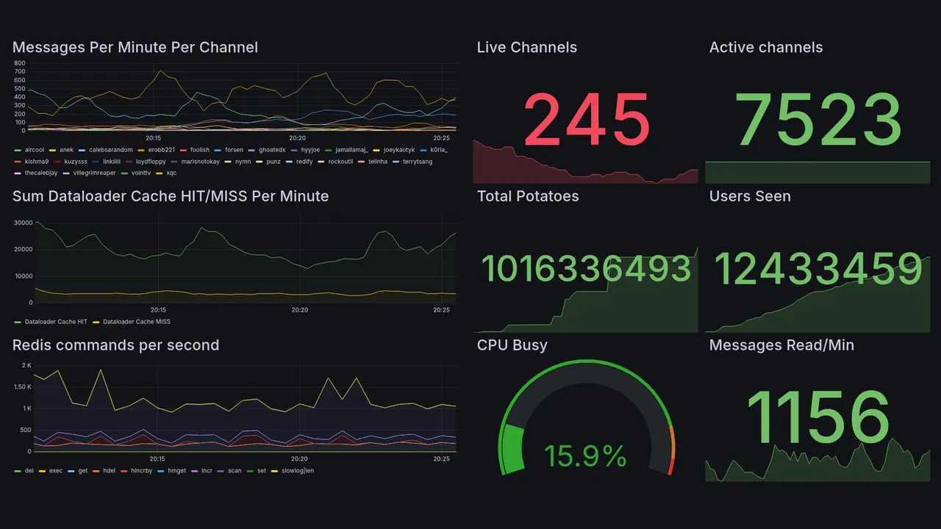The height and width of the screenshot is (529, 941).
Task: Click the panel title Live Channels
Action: (526, 48)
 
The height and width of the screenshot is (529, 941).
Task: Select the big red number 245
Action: (587, 120)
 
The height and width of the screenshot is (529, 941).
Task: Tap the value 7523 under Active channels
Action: (818, 120)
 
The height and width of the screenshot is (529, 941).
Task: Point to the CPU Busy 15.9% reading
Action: (585, 456)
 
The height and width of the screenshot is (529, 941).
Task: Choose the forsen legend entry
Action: (235, 150)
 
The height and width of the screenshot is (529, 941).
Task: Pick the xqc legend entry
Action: (171, 173)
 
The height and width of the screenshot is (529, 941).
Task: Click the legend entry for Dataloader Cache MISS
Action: (137, 322)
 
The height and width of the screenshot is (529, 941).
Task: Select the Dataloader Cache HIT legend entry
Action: (56, 322)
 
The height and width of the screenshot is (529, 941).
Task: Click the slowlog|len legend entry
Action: (296, 470)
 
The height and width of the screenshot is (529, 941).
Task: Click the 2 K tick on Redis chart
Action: (26, 365)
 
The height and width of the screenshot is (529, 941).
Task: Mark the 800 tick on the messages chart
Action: (20, 63)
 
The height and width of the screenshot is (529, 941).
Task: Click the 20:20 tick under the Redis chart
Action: (299, 459)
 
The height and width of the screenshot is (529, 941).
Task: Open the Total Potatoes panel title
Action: (528, 196)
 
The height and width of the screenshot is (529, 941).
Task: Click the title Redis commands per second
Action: (115, 345)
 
